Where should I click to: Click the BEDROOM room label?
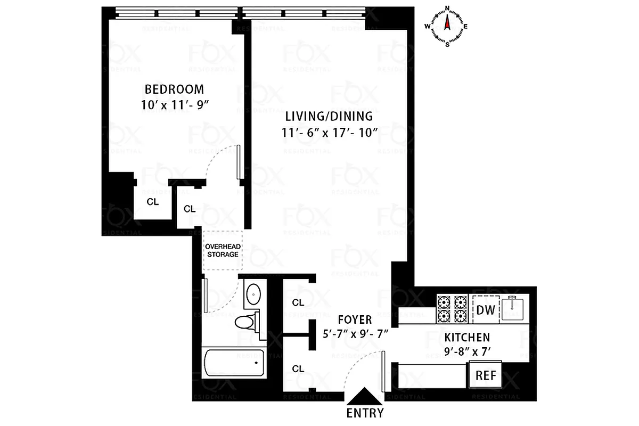175,89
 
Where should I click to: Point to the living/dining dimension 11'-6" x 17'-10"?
328,133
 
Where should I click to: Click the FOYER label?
355,319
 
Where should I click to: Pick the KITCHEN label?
467,337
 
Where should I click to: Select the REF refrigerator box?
485,375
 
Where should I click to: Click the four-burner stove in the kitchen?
452,308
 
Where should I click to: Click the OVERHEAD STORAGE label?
222,250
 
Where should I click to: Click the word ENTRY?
365,413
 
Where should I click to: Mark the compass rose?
447,26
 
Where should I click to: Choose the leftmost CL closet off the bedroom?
153,202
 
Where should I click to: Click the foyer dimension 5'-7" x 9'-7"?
355,334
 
